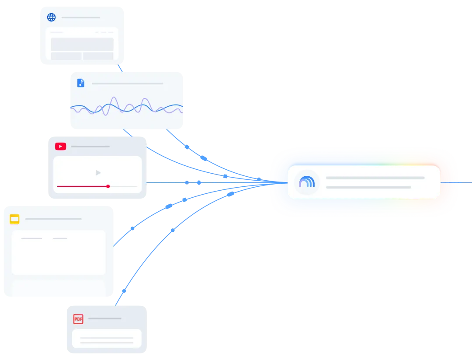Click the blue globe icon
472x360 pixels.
pyautogui.click(x=52, y=17)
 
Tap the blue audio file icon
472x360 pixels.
pyautogui.click(x=81, y=83)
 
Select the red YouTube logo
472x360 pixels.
pyautogui.click(x=60, y=147)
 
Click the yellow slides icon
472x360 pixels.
pyautogui.click(x=14, y=219)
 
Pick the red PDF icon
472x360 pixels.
pyautogui.click(x=78, y=319)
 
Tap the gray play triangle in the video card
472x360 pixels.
pyautogui.click(x=98, y=173)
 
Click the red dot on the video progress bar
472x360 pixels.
pyautogui.click(x=108, y=186)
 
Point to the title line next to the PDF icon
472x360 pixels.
pyautogui.click(x=105, y=318)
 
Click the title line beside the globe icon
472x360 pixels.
pyautogui.click(x=81, y=17)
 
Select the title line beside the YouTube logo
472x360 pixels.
pyautogui.click(x=90, y=147)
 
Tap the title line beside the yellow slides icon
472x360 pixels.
pyautogui.click(x=53, y=219)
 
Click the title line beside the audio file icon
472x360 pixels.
pyautogui.click(x=127, y=84)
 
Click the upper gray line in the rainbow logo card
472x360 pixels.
pyautogui.click(x=375, y=178)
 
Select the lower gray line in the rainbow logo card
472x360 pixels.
pyautogui.click(x=368, y=187)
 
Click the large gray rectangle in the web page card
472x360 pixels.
pyautogui.click(x=82, y=44)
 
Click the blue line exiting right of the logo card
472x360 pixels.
pyautogui.click(x=456, y=182)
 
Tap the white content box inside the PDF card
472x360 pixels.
pyautogui.click(x=107, y=339)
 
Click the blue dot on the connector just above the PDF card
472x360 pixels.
pyautogui.click(x=124, y=291)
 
